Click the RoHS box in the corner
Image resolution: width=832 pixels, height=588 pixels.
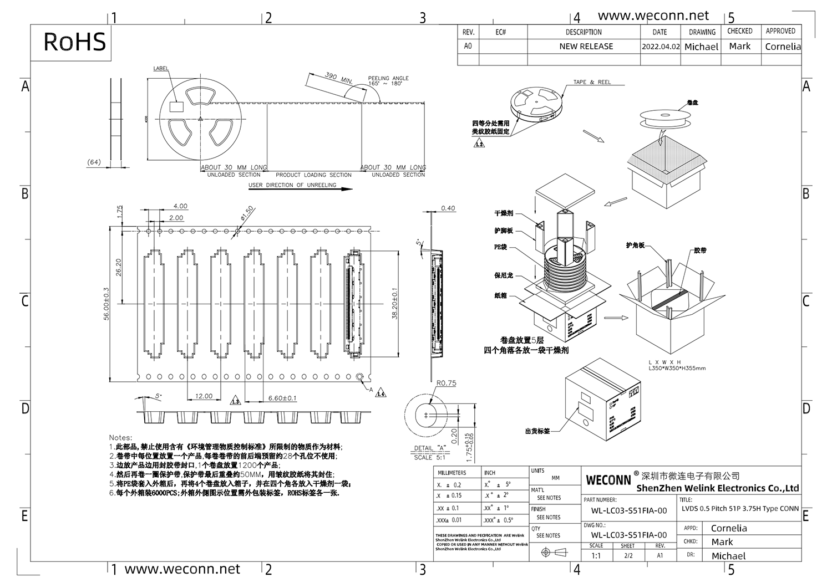[x=74, y=42]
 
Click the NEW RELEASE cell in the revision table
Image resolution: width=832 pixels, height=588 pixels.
[x=586, y=47]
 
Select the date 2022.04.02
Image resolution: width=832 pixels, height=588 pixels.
[x=660, y=47]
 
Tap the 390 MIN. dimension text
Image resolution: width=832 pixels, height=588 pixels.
[x=338, y=78]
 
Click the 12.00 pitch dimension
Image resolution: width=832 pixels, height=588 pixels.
[x=204, y=396]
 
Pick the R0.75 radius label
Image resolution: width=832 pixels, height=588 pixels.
[x=446, y=383]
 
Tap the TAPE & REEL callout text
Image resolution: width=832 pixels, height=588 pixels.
[x=592, y=82]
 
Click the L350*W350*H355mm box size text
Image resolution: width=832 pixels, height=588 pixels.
[x=677, y=368]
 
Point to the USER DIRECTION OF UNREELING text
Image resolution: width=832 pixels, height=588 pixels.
[x=292, y=185]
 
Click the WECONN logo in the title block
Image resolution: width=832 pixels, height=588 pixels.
[x=608, y=480]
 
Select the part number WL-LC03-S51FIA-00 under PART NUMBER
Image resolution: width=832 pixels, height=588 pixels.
[x=628, y=510]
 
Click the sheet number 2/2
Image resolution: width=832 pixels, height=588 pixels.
[x=628, y=555]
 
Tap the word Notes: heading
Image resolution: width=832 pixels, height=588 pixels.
[x=120, y=438]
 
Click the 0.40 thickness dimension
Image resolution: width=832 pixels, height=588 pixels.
[x=448, y=208]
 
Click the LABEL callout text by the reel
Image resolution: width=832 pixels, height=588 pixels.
[x=161, y=69]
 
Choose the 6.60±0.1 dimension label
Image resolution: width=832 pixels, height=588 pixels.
[x=282, y=398]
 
